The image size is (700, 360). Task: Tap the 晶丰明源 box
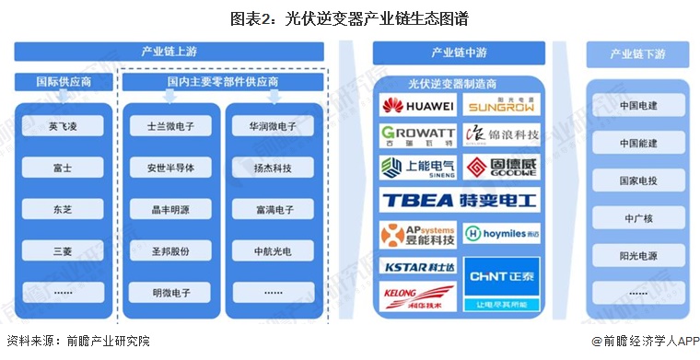(169, 210)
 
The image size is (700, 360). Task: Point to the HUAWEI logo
(417, 106)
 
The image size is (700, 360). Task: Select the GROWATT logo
(417, 136)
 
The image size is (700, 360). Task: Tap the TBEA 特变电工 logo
(458, 200)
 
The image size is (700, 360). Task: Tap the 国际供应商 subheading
(62, 82)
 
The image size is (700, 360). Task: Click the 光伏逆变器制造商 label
(458, 82)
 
